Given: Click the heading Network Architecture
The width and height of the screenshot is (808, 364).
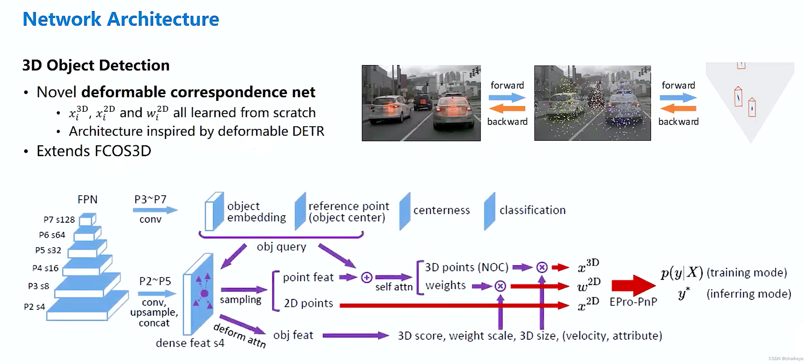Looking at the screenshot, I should [120, 19].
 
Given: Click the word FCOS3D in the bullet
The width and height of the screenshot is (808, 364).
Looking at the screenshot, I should [123, 151].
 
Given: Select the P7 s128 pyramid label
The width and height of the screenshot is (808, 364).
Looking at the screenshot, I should [59, 220].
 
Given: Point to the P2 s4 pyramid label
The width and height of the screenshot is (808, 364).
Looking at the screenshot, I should [34, 307].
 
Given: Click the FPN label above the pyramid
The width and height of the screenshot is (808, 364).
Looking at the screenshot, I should [87, 199].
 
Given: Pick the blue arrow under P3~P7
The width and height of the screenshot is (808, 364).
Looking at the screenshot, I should [155, 210].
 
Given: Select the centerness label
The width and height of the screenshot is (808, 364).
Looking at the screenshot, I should [441, 210].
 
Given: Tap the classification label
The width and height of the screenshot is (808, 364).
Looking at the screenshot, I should [532, 210].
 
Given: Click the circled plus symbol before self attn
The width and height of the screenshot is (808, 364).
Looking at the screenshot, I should [367, 277].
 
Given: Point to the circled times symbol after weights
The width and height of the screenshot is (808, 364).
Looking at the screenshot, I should [500, 286].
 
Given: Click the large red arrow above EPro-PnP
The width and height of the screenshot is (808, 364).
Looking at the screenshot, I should [633, 285].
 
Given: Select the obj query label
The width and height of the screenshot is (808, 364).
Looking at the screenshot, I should [281, 247].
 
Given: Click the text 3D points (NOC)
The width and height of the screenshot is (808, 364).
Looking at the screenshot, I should [466, 267].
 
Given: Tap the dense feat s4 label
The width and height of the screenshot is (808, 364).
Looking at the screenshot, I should [190, 343].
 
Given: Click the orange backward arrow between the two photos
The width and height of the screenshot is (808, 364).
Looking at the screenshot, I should [507, 108].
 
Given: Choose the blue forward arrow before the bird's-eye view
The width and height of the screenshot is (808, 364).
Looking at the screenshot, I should [678, 97].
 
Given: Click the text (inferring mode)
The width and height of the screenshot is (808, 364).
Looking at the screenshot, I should [748, 294].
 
